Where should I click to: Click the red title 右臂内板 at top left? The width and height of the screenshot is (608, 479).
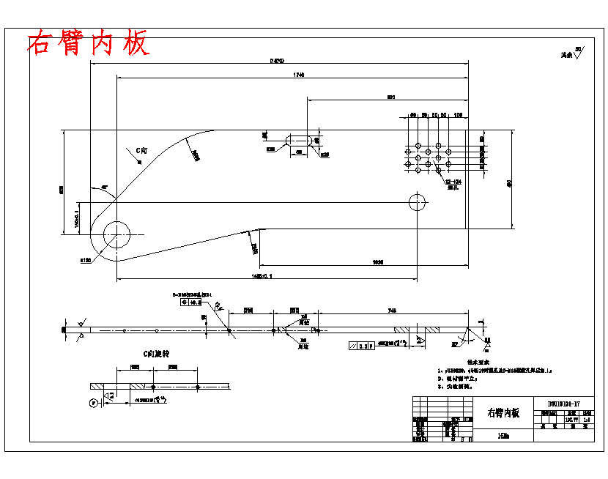pyautogui.click(x=88, y=44)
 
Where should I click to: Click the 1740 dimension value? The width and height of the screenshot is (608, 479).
pyautogui.click(x=298, y=75)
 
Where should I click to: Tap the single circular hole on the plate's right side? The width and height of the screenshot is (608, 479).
pyautogui.click(x=418, y=201)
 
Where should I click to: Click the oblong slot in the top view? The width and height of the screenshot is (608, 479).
pyautogui.click(x=299, y=139)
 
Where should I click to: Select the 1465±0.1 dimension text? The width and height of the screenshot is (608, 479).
pyautogui.click(x=265, y=276)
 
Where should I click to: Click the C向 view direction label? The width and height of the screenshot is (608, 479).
pyautogui.click(x=141, y=151)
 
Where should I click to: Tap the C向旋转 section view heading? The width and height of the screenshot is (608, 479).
pyautogui.click(x=156, y=354)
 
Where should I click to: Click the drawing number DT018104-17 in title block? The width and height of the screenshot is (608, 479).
pyautogui.click(x=563, y=404)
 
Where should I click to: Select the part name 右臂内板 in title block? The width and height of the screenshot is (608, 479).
pyautogui.click(x=503, y=413)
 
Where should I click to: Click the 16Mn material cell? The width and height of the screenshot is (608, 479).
pyautogui.click(x=503, y=436)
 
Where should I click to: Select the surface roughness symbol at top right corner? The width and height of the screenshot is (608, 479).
pyautogui.click(x=576, y=53)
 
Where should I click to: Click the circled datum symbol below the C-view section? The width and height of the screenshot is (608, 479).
pyautogui.click(x=92, y=402)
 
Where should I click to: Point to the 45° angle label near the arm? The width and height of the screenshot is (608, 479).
pyautogui.click(x=104, y=188)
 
